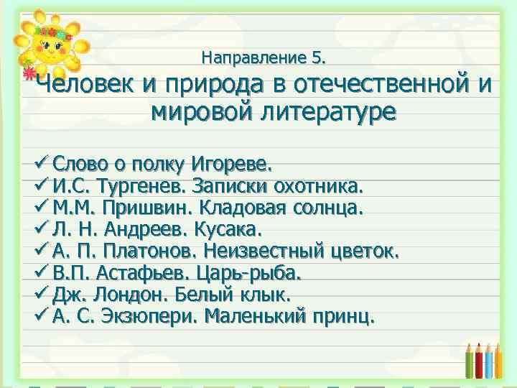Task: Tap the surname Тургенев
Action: (x=151, y=187)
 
